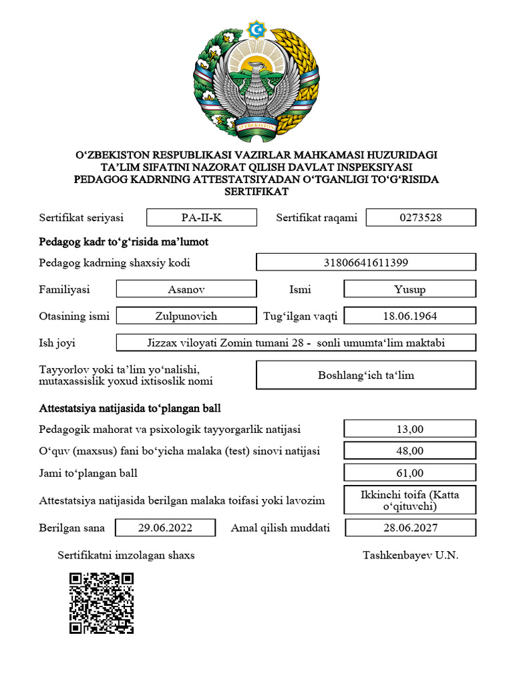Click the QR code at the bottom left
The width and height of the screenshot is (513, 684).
click(102, 603)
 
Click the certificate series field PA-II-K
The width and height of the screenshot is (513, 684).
click(201, 217)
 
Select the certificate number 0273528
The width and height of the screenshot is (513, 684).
click(421, 217)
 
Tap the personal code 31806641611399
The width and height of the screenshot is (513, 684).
click(366, 263)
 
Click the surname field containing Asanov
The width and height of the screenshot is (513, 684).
click(186, 289)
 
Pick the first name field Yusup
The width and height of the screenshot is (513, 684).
click(409, 289)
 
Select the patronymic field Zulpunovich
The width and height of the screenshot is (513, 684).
click(186, 316)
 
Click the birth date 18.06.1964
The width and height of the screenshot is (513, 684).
click(409, 316)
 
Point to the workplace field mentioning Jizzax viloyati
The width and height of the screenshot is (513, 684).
click(296, 343)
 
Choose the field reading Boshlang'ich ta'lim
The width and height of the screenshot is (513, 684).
click(366, 375)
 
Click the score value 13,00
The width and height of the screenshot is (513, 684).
click(409, 429)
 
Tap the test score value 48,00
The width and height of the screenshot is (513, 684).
click(409, 451)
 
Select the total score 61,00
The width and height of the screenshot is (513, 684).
click(409, 473)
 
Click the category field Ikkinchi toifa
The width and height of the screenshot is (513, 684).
click(409, 500)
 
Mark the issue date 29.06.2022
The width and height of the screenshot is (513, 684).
click(165, 528)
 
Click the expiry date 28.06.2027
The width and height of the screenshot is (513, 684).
click(410, 528)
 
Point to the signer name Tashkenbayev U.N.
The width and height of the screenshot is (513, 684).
click(411, 555)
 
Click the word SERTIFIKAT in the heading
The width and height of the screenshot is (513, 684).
click(256, 191)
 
